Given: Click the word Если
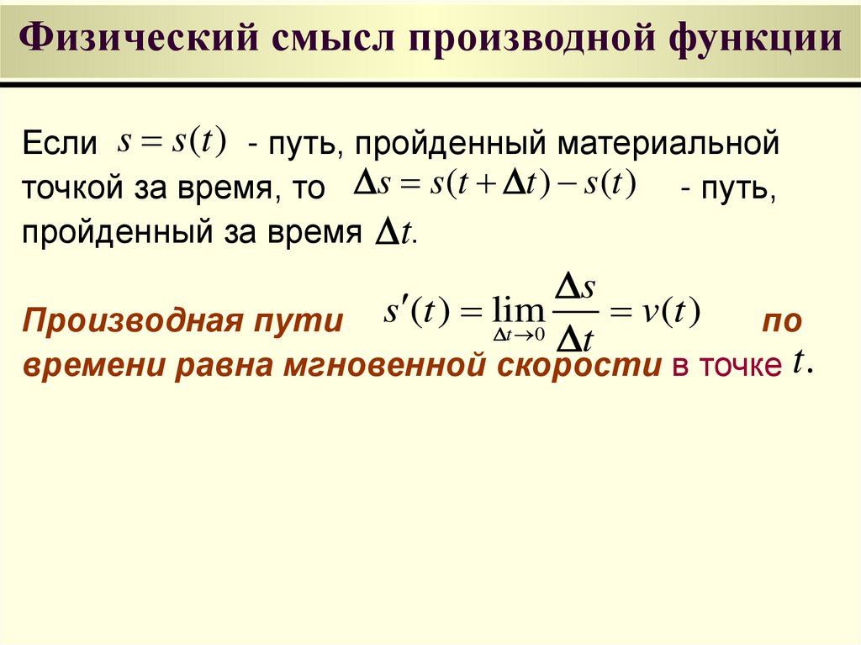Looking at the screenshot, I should click(59, 143).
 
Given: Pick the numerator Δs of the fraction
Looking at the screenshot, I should click(577, 288).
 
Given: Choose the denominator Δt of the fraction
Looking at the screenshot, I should click(577, 339).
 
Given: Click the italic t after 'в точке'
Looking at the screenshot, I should click(800, 363).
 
